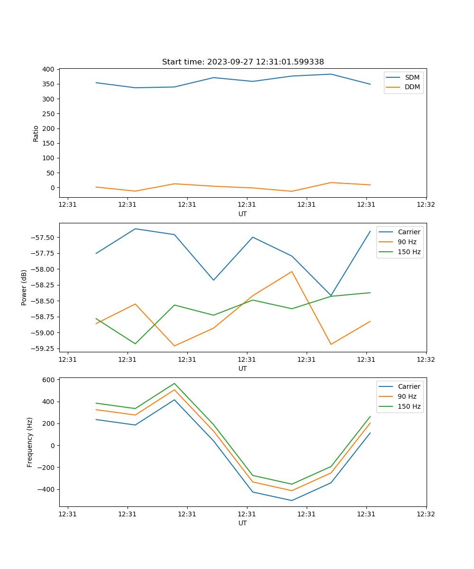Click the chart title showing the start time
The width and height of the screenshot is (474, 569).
[243, 62]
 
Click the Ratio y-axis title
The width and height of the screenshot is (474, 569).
[36, 133]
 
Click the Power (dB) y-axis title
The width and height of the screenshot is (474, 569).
[25, 287]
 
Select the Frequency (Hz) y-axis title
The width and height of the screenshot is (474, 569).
[30, 442]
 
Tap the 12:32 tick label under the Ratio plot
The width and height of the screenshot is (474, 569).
[426, 205]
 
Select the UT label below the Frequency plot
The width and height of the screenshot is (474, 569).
[243, 523]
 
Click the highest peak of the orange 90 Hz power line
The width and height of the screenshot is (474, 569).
[292, 271]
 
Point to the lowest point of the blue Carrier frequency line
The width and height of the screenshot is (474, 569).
[292, 500]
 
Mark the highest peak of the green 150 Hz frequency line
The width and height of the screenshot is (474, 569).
[174, 383]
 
